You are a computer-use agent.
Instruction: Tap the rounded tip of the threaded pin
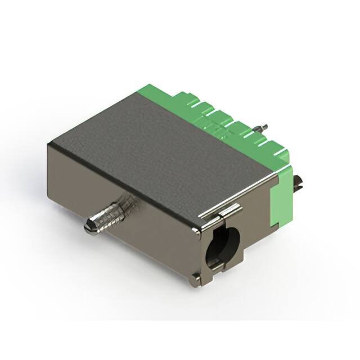tap(88, 228)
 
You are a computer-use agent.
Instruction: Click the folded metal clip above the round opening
tap(226, 211)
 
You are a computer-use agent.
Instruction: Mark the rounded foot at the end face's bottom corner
tap(195, 276)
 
